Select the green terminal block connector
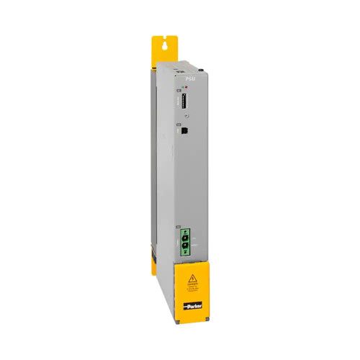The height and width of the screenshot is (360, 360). pos(186,243)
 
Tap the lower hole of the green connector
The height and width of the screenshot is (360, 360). pos(186,251)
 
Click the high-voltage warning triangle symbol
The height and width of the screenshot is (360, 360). pos(192,277)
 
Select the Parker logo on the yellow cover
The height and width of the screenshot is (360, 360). pos(192,307)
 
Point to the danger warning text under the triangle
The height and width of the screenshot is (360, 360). pos(192,287)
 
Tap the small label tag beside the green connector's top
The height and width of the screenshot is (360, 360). pos(177,228)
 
